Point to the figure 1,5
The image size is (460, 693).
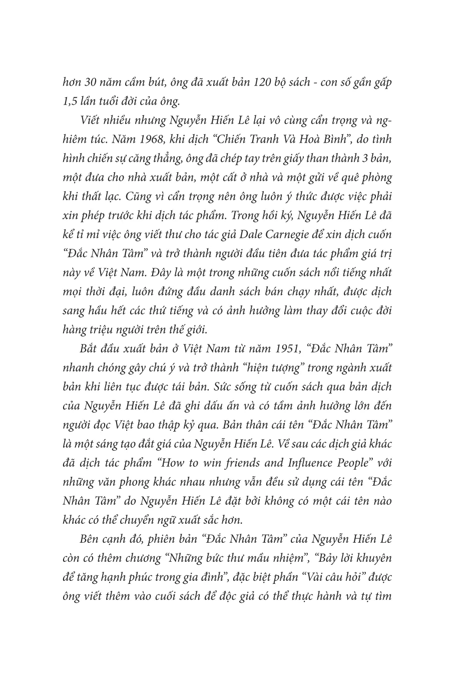pyautogui.click(x=69, y=101)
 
